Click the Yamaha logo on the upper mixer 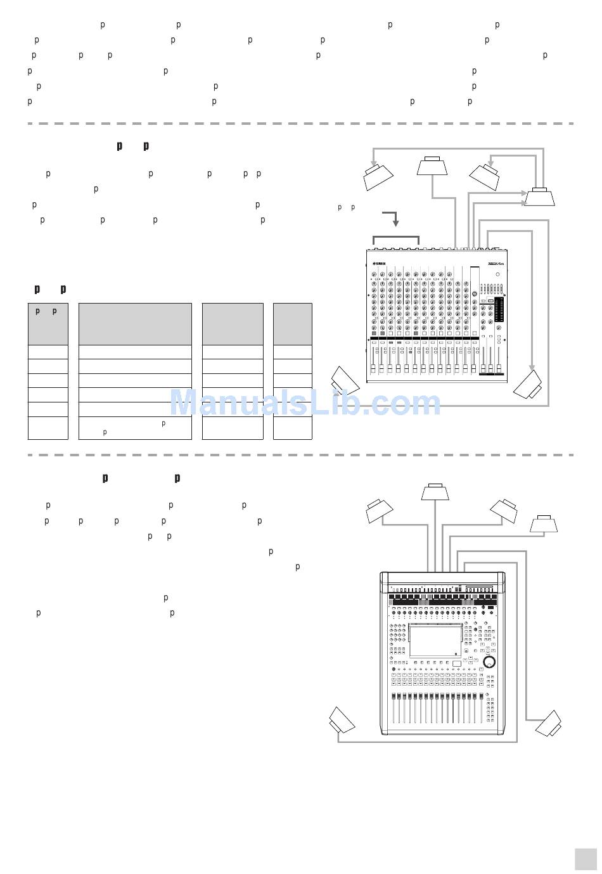coord(380,263)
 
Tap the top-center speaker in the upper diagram coord(432,165)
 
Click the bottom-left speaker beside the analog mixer coord(345,380)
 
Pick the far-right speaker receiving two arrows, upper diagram coord(539,196)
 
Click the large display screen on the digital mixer coord(435,641)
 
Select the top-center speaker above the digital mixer coord(435,491)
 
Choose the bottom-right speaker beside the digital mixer coord(549,723)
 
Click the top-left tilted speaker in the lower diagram coord(380,511)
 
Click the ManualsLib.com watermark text coord(305,404)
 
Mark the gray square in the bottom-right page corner coord(586,859)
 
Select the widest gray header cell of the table coord(135,324)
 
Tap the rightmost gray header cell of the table coord(293,324)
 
